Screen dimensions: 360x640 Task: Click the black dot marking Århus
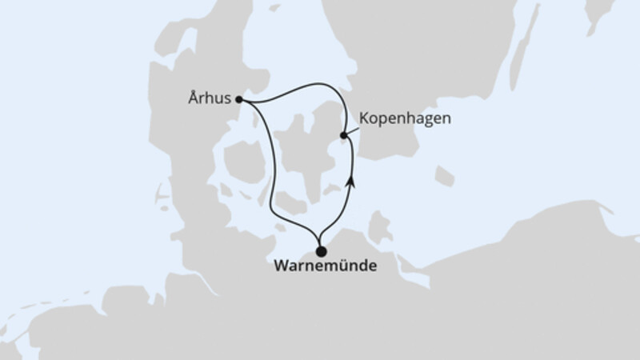tap(239, 99)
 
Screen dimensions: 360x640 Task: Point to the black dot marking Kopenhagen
tap(344, 136)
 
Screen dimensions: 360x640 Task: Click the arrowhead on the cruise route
tap(350, 182)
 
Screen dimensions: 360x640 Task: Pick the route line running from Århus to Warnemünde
tap(269, 176)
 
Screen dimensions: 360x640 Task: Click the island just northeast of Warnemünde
tap(377, 228)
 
